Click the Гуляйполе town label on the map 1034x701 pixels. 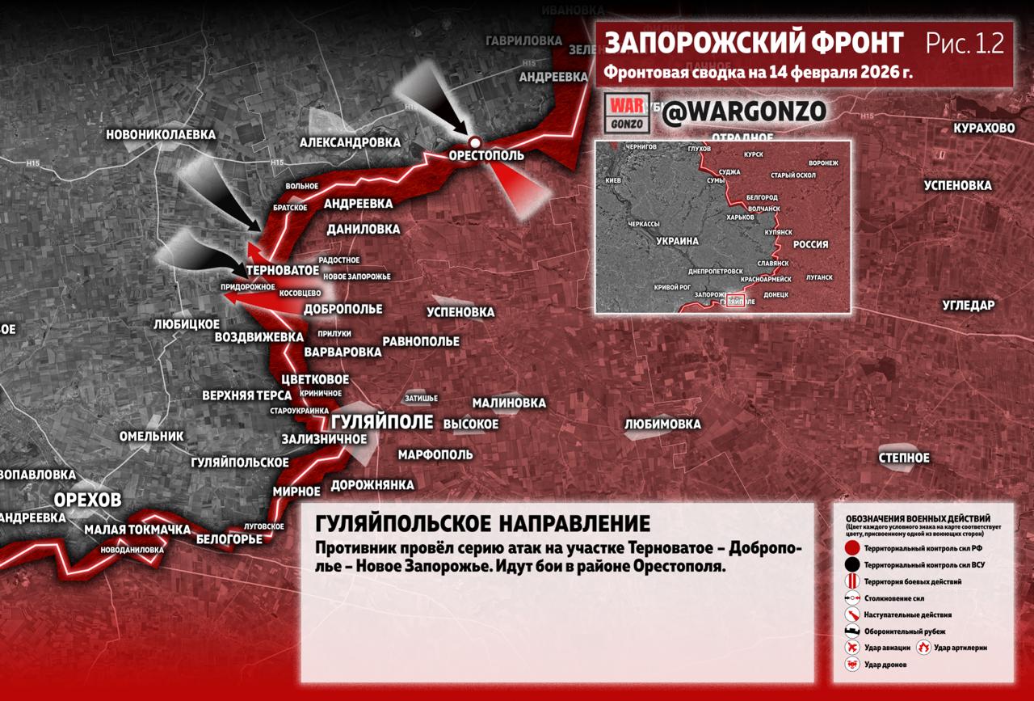(382, 422)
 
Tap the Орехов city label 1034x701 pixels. (87, 499)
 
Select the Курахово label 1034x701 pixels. (983, 129)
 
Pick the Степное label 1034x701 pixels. (904, 458)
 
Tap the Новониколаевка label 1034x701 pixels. (162, 134)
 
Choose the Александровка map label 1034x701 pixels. (350, 141)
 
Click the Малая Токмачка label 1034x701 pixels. (137, 530)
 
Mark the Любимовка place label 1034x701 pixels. (662, 424)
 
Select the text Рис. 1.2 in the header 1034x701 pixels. (965, 44)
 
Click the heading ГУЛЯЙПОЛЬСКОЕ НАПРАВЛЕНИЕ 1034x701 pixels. (482, 523)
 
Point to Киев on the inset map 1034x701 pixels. (612, 179)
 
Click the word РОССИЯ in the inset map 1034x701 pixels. (810, 244)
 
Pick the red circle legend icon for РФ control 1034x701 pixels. (851, 548)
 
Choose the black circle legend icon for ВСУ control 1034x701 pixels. (851, 564)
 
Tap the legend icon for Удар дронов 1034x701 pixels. (851, 664)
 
